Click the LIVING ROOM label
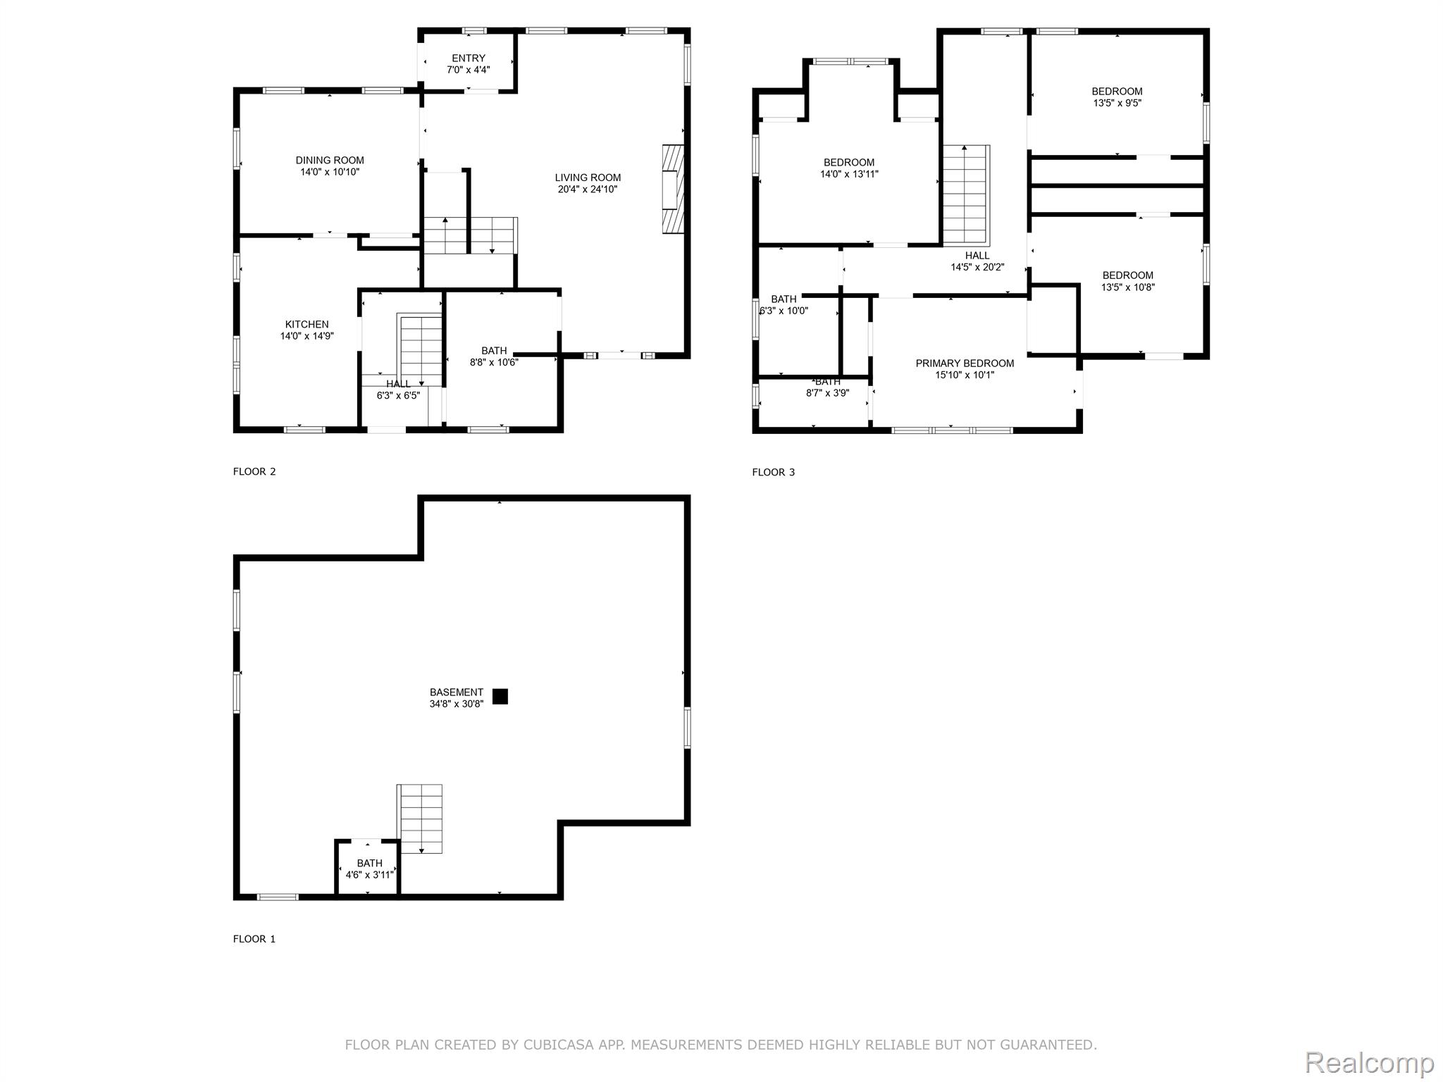(588, 178)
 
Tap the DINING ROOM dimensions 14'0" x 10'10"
(330, 172)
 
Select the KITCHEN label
(306, 325)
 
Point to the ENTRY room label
(469, 58)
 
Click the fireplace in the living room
(673, 189)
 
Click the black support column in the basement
(500, 696)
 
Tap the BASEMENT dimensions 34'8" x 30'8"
(457, 704)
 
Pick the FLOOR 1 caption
(254, 939)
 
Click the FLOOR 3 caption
(773, 472)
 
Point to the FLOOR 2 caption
(254, 471)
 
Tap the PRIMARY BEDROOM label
(965, 363)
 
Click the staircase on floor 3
(965, 194)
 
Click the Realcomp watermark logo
(1369, 1062)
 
